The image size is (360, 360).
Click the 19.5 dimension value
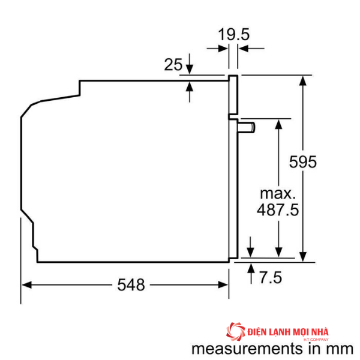[x=234, y=35]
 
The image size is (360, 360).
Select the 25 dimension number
[x=173, y=65]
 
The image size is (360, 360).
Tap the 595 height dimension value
[x=303, y=162]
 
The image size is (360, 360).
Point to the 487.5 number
[x=278, y=210]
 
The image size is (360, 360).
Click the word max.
[x=278, y=194]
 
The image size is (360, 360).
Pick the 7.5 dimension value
[x=271, y=277]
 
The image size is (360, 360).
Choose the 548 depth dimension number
[x=131, y=284]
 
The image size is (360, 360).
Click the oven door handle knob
[x=247, y=127]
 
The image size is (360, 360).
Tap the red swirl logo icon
[x=236, y=332]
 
